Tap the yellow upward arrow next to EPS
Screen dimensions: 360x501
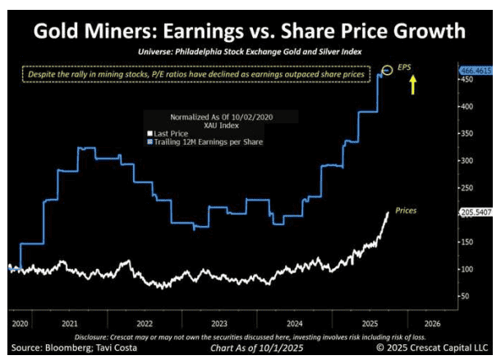[412, 83]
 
